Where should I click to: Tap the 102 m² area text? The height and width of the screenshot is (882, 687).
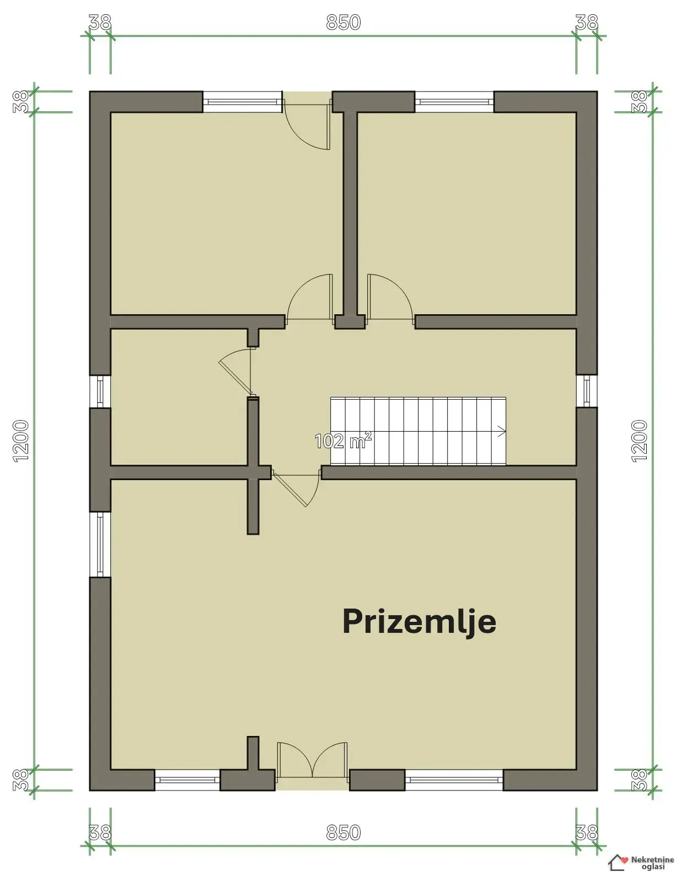coord(343,440)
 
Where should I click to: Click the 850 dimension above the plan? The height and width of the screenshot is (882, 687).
coord(343,22)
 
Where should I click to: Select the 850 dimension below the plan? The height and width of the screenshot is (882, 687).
coord(343,832)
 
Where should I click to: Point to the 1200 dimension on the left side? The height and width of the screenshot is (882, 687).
coord(21,441)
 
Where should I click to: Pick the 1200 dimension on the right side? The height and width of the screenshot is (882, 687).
coord(639,441)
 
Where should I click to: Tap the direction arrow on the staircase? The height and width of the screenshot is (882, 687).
coord(502,432)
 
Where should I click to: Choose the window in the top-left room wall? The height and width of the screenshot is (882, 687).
coord(242,101)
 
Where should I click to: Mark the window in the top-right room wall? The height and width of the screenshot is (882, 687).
coord(454,101)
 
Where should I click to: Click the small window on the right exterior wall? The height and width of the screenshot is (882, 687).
coord(587,391)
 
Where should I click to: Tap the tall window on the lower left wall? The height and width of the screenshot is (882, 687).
coord(100,544)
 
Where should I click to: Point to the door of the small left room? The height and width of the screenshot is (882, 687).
coord(236,372)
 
